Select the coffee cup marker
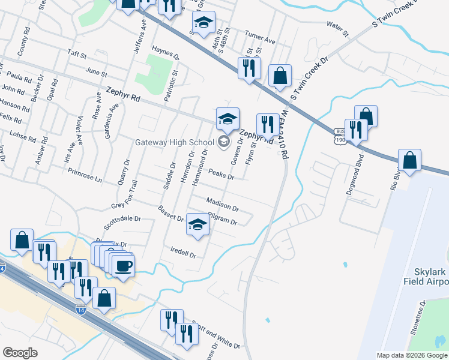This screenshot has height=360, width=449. tap(124, 266)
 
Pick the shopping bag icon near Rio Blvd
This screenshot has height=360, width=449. tap(409, 161)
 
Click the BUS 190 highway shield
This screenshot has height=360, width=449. tap(340, 136)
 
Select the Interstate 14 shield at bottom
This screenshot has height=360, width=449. tap(80, 310)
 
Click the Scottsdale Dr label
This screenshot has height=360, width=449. tap(122, 223)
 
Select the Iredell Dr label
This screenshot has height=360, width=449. tap(184, 252)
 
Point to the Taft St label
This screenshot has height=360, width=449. tap(77, 54)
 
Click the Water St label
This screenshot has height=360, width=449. tap(337, 28)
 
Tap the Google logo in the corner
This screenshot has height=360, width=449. tap(20, 353)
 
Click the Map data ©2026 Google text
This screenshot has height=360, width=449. tap(412, 355)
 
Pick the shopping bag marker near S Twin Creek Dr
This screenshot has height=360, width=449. tap(280, 77)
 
